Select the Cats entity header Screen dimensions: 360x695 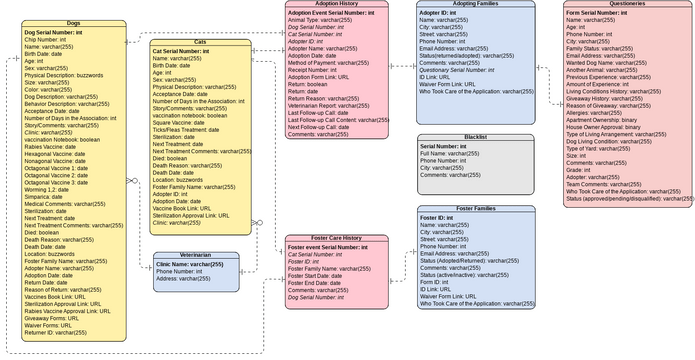click(200, 42)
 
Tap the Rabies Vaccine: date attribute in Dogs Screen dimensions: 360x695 click(55, 147)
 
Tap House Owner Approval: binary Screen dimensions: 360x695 click(610, 128)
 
